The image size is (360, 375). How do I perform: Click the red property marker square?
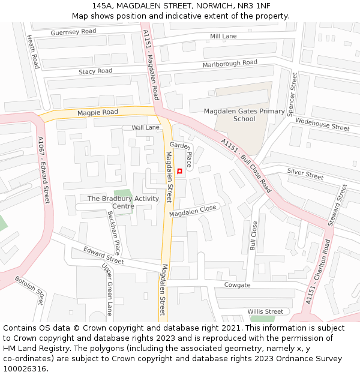click(x=179, y=172)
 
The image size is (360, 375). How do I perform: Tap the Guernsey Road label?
click(x=73, y=32)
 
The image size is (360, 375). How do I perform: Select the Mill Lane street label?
click(x=223, y=37)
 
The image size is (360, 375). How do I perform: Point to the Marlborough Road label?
click(x=230, y=64)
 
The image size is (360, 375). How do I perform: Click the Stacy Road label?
click(x=95, y=71)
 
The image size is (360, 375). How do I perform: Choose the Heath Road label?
click(x=34, y=51)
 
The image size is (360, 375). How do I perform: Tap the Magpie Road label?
click(x=97, y=112)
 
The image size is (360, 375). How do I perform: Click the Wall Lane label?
click(x=146, y=128)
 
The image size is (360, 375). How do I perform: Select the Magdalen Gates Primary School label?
click(x=244, y=115)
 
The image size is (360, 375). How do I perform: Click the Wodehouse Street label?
click(x=322, y=124)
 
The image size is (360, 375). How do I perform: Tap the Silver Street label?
click(x=305, y=174)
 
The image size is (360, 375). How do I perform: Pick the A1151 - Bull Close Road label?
click(x=246, y=166)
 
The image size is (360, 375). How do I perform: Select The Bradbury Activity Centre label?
click(x=124, y=202)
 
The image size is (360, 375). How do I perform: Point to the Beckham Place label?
click(x=114, y=233)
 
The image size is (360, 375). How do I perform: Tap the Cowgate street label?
click(x=237, y=285)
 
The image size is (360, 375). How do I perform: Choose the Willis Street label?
click(x=265, y=311)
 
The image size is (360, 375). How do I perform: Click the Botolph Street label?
click(x=30, y=290)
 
